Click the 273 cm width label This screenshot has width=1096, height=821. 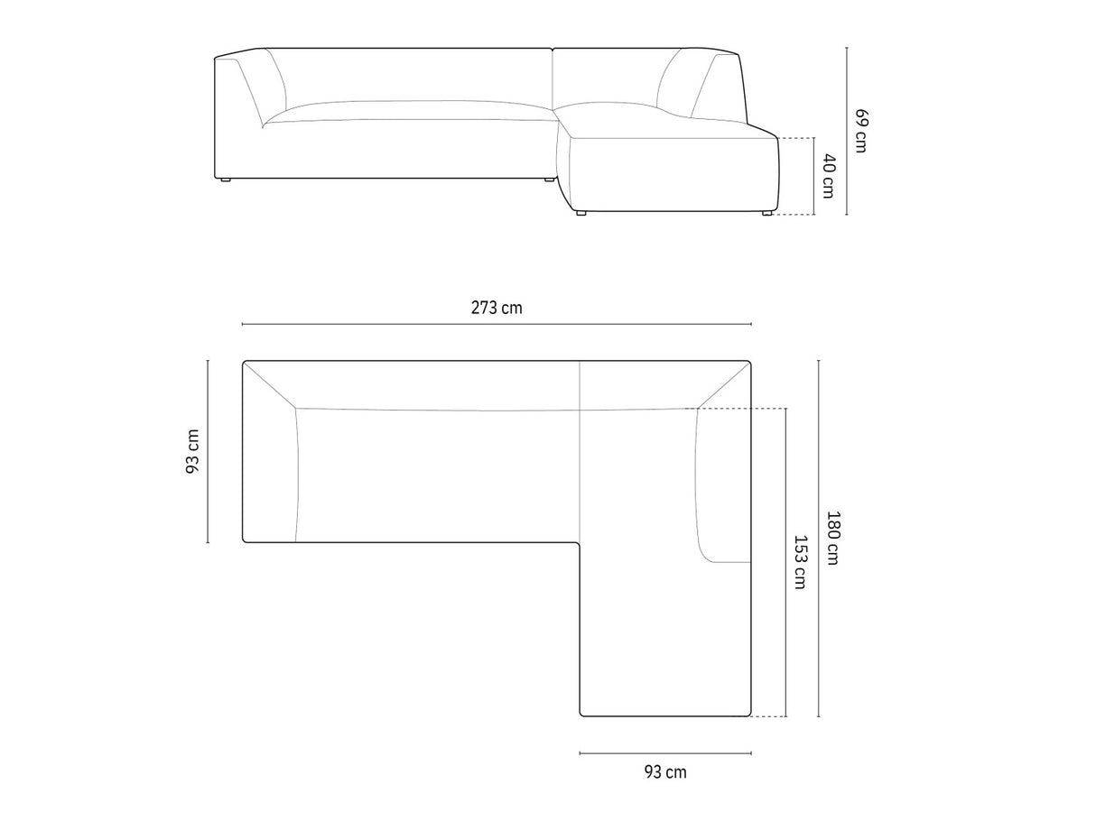497,308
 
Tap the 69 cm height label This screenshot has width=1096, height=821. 861,130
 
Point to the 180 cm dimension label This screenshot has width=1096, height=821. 833,538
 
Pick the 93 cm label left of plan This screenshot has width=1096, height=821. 192,451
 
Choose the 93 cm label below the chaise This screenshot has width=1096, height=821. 665,772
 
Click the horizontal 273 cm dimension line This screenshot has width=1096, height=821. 497,324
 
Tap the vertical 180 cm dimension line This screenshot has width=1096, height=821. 818,539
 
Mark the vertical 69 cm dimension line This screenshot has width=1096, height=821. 846,131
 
